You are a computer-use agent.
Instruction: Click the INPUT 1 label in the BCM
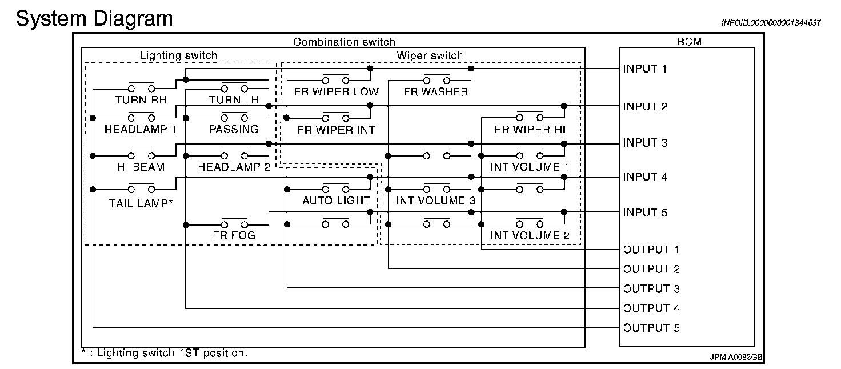coord(644,69)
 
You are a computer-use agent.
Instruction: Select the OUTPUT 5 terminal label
coord(651,328)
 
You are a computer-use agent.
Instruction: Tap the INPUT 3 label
coord(645,143)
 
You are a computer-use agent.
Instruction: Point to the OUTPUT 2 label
coord(651,269)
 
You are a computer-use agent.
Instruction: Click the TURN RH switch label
coord(141,100)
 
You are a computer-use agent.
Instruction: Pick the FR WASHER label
coord(435,91)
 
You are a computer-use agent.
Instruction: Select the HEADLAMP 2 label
coord(234,167)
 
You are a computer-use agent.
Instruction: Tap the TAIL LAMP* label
coord(141,203)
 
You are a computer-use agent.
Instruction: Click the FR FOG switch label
coord(234,235)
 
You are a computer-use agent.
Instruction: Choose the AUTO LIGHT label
coord(336,200)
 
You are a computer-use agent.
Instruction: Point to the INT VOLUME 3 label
coord(435,200)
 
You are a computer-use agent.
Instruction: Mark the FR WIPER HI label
coord(530,130)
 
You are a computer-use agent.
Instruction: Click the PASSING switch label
coord(234,129)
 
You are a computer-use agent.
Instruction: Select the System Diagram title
coord(94,18)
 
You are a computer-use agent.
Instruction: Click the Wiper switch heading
coord(430,55)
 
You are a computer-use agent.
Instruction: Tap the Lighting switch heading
coord(178,55)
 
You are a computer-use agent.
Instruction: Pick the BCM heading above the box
coord(690,41)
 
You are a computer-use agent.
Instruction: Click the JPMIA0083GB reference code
coord(735,357)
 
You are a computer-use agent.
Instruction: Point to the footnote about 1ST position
coord(165,353)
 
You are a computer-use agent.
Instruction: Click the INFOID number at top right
coord(771,23)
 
